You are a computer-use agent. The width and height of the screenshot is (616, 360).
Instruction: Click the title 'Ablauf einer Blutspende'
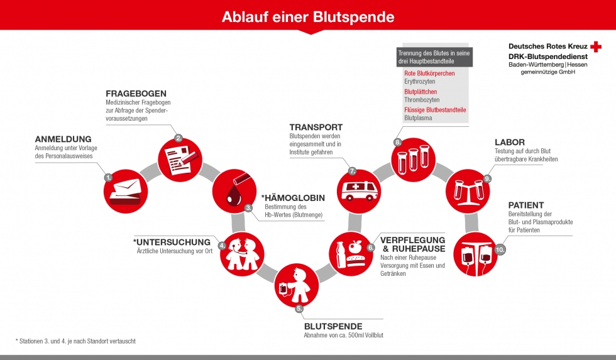coord(308,17)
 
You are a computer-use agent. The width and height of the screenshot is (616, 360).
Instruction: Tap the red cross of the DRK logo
coord(596,46)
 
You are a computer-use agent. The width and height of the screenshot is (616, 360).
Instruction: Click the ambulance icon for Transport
coord(360,190)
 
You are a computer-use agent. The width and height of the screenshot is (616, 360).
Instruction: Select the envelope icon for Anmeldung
coord(125,192)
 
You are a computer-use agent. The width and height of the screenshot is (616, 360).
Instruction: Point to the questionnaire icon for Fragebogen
coord(179,160)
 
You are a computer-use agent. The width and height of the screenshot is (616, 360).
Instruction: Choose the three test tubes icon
coord(414,159)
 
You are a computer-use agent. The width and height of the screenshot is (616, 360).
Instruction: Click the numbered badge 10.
coord(500,249)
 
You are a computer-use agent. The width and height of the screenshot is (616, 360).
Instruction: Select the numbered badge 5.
coord(299,308)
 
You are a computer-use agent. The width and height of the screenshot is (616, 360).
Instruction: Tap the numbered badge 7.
coord(353,171)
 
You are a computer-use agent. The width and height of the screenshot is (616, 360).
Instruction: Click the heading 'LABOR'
coord(510,142)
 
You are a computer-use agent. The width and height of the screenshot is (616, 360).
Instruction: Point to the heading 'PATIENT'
coord(526,205)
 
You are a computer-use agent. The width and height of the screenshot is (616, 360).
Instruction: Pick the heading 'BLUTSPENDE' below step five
coord(333,326)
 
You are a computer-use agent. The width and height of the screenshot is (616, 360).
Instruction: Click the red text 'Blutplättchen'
coord(421,92)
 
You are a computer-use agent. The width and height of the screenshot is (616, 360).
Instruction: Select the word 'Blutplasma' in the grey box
coord(418,117)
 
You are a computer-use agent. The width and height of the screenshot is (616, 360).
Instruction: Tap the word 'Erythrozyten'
coord(420,82)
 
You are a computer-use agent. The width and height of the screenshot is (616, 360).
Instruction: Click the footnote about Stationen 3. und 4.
coord(76,341)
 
